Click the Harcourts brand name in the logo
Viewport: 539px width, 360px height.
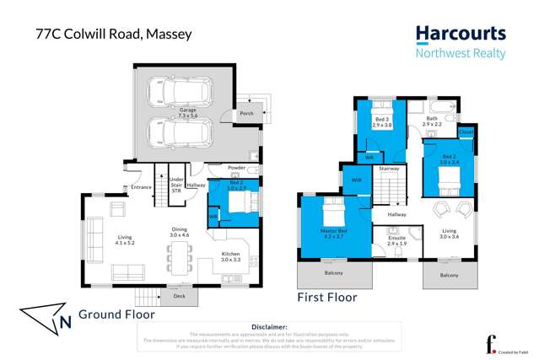tap(461, 35)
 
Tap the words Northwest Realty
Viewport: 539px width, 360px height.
tap(461, 53)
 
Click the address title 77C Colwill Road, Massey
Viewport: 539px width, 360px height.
tap(114, 35)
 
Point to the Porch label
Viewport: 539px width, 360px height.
tap(247, 113)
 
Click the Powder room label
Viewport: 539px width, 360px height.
tap(237, 167)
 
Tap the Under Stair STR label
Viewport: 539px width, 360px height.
tap(176, 185)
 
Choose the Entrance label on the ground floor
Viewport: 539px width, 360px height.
tap(141, 187)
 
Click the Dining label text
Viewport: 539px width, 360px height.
tap(180, 231)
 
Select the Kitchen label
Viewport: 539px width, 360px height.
tap(230, 255)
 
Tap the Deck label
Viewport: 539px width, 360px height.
tap(179, 296)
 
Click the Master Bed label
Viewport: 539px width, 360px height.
tap(331, 230)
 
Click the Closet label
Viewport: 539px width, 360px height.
tap(466, 132)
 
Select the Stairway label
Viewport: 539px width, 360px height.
tap(389, 169)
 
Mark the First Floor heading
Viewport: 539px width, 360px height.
tap(327, 297)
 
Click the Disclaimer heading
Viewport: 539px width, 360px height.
tap(269, 326)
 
